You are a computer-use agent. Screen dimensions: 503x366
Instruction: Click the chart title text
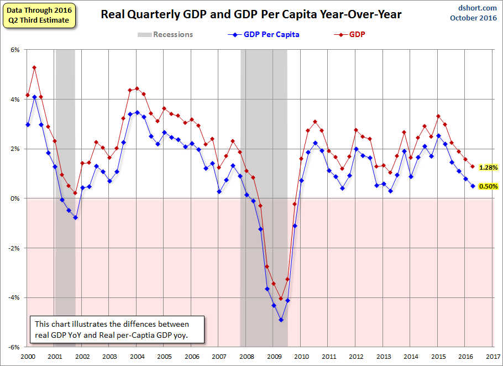click(251, 14)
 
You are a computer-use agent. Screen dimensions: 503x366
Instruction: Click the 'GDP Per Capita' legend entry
click(264, 34)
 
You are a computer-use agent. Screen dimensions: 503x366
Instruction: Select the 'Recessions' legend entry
click(165, 34)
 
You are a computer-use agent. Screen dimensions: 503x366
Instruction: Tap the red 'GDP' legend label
click(357, 34)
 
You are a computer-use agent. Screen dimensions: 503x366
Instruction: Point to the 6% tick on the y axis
click(15, 50)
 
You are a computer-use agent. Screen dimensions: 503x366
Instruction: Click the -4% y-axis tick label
click(14, 297)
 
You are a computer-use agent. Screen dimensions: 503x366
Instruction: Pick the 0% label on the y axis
click(15, 198)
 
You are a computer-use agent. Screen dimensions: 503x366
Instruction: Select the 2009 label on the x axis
click(274, 357)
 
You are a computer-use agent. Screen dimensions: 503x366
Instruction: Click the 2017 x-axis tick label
click(494, 357)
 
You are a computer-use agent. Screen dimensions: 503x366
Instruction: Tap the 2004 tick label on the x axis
click(137, 357)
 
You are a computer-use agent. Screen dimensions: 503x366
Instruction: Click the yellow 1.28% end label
click(488, 168)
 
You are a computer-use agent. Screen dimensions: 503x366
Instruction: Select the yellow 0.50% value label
click(488, 186)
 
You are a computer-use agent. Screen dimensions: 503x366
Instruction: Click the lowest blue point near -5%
click(281, 320)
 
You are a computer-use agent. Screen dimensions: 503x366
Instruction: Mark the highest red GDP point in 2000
click(34, 67)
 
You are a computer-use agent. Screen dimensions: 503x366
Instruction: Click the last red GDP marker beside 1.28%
click(473, 166)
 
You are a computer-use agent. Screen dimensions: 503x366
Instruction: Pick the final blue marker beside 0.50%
click(473, 186)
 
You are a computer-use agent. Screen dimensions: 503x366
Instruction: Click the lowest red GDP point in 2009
click(281, 299)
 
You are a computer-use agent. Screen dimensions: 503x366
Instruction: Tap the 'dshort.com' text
click(478, 8)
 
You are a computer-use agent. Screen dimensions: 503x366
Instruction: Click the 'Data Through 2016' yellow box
click(39, 15)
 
